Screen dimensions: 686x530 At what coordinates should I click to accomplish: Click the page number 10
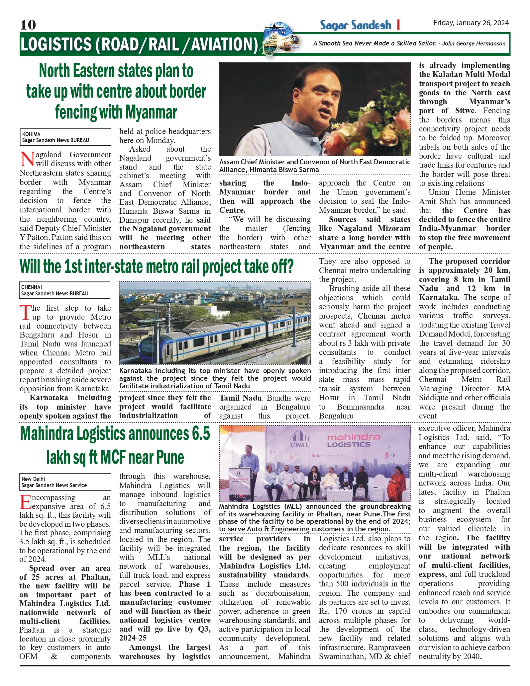click(x=28, y=25)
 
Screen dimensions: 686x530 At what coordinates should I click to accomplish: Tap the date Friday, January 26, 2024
click(x=471, y=23)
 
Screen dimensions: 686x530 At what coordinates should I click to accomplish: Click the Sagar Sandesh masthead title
click(x=356, y=25)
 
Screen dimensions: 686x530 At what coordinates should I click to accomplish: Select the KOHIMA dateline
click(x=31, y=134)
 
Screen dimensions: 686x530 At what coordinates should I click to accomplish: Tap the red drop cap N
click(x=27, y=159)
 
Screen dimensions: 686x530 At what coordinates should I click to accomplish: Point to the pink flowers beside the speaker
click(x=380, y=131)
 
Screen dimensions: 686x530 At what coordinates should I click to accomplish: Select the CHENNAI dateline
click(x=32, y=287)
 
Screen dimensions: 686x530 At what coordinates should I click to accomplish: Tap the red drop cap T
click(x=25, y=312)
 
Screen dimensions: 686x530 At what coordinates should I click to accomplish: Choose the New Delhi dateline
click(x=33, y=479)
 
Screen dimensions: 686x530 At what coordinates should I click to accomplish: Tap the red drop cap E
click(x=25, y=502)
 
